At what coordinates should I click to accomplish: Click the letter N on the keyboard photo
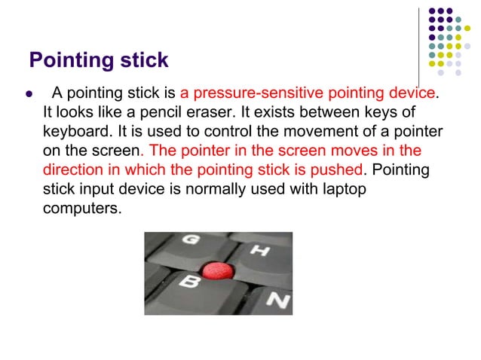[277, 301]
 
